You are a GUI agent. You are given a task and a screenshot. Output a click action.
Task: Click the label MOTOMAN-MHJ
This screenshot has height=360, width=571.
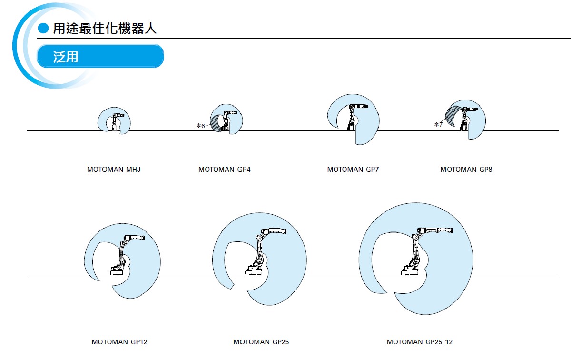[x=114, y=170]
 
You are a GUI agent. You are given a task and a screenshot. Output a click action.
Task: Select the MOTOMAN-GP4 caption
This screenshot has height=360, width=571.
[x=224, y=170]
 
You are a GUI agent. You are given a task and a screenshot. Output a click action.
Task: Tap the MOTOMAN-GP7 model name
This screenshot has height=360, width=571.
[x=353, y=170]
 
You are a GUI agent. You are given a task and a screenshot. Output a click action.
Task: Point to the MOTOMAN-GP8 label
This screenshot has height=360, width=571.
[x=466, y=170]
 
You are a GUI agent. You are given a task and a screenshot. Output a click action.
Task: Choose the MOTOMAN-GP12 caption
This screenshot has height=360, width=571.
[x=116, y=342]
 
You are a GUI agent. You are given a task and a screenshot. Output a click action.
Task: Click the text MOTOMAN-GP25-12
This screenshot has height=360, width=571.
[x=420, y=342]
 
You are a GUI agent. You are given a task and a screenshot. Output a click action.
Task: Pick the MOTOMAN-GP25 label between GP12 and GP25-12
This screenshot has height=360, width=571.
[x=261, y=342]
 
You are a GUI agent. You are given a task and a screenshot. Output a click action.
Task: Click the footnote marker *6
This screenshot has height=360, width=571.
[x=200, y=126]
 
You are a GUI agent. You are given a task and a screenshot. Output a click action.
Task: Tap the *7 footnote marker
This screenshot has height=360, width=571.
[x=438, y=125]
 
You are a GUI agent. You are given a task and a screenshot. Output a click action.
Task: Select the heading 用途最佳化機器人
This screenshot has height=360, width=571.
[x=105, y=29]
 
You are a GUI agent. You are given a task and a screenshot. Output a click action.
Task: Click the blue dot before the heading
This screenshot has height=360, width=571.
[x=43, y=29]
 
